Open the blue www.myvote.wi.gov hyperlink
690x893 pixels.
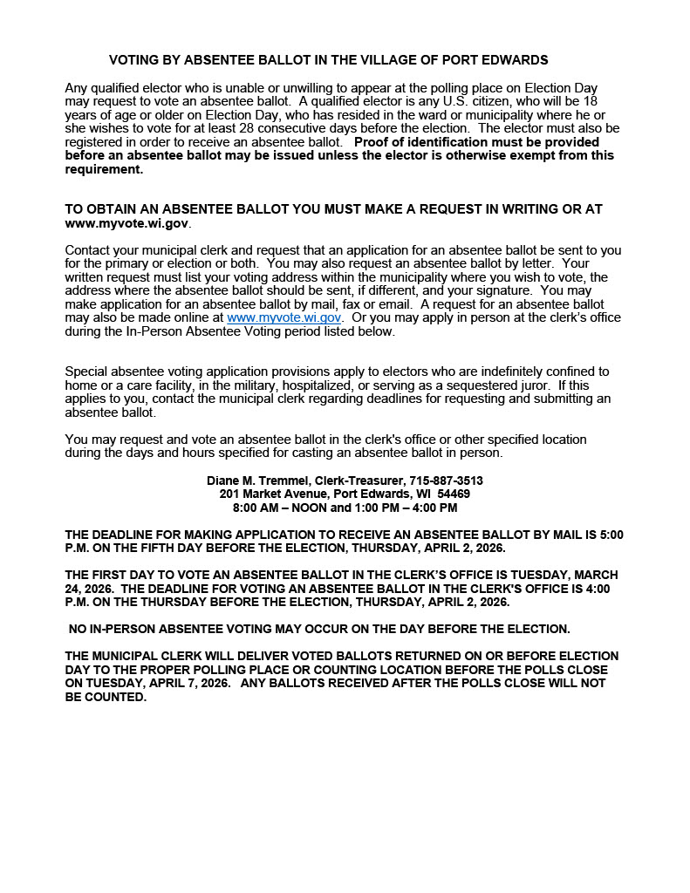284,318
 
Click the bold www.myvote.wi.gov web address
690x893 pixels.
126,223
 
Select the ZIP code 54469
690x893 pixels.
454,494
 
